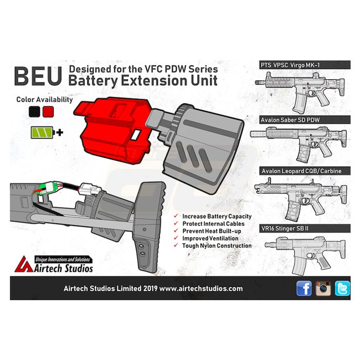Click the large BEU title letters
pos(37,77)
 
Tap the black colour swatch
pos(34,112)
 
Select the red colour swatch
pos(48,112)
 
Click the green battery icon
pos(42,133)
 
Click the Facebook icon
pos(304,288)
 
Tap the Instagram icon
pos(323,288)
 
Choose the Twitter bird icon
pos(342,288)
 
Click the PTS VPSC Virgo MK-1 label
pos(290,65)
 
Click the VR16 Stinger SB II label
pos(286,228)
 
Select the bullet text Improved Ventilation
pos(210,238)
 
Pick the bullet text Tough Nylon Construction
pos(217,245)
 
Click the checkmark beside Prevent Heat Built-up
pos(176,230)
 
